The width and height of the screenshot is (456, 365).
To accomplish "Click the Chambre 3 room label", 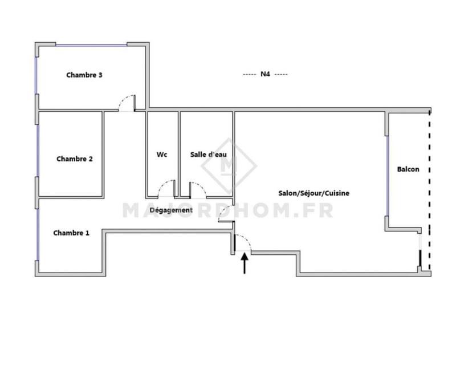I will (x=84, y=75).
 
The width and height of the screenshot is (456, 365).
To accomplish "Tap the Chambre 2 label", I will (x=74, y=159).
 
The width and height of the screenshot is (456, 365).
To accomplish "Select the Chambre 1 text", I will (x=71, y=233).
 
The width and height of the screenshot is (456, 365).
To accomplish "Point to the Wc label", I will (x=161, y=155).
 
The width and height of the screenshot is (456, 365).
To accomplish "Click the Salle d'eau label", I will (x=206, y=155).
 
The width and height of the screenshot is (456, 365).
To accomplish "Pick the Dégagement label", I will (x=171, y=210).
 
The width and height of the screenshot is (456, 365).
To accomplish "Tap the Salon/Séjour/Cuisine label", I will (x=313, y=193).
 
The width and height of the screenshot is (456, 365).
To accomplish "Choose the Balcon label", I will (x=408, y=169).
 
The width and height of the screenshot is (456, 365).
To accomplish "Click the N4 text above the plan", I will (x=265, y=74).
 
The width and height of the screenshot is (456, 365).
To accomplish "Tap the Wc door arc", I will (x=167, y=188).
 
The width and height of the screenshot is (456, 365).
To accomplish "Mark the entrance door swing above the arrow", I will (x=242, y=242).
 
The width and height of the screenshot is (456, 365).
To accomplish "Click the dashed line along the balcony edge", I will (x=429, y=188).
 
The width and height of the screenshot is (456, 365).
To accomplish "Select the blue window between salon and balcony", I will (x=387, y=171).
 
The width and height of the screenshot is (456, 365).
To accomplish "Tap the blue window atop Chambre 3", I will (x=91, y=44).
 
